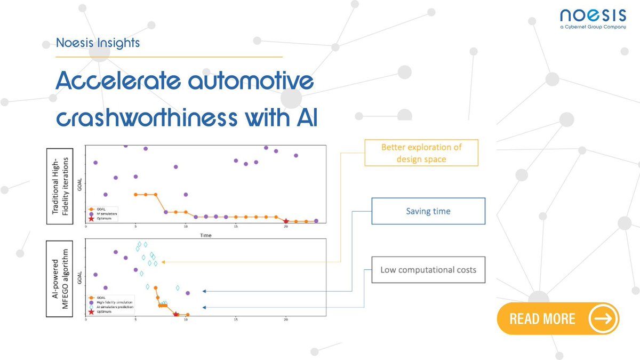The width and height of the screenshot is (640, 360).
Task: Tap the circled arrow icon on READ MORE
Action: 603,319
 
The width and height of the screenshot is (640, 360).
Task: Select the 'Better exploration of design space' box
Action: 421,153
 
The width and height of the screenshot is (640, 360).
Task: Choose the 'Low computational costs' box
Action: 428,269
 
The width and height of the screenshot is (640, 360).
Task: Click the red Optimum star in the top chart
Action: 286,221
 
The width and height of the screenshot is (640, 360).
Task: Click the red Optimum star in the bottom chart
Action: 175,315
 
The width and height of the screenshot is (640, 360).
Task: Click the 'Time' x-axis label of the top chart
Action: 205,235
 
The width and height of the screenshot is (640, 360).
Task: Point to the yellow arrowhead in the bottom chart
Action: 163,262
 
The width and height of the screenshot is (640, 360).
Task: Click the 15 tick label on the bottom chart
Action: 236,321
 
